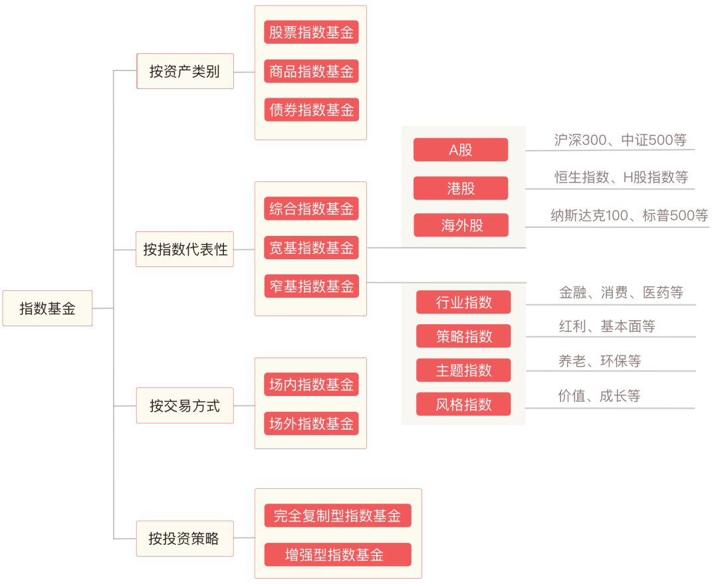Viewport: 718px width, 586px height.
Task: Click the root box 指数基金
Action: coord(47,308)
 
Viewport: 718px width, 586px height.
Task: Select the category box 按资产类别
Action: coord(185,71)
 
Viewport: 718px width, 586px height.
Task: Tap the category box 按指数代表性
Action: coord(185,249)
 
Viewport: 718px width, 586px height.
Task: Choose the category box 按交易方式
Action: coord(185,406)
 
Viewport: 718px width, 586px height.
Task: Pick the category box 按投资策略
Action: coord(185,538)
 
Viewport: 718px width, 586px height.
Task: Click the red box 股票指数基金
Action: coord(311,32)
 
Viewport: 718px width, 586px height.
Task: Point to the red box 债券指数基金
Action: coord(311,110)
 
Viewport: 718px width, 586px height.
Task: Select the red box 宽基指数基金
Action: coord(311,247)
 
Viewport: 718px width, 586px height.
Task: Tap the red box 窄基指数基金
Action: coord(311,286)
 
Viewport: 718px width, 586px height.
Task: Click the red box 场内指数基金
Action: coord(311,384)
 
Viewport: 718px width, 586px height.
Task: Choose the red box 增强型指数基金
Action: coord(338,554)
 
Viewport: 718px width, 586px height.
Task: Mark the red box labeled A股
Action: coord(461,149)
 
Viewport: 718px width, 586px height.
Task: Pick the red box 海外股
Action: coord(461,225)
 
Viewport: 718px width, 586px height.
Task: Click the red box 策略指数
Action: coord(463,336)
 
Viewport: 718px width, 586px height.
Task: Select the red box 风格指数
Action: coord(463,405)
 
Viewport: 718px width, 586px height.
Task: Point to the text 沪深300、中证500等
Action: coord(620,140)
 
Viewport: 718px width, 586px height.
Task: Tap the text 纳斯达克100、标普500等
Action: coord(629,215)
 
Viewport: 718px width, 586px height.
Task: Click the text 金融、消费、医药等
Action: coord(621,292)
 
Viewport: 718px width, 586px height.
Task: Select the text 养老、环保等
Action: coord(600,361)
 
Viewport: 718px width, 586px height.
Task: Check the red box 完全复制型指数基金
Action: coord(338,516)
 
